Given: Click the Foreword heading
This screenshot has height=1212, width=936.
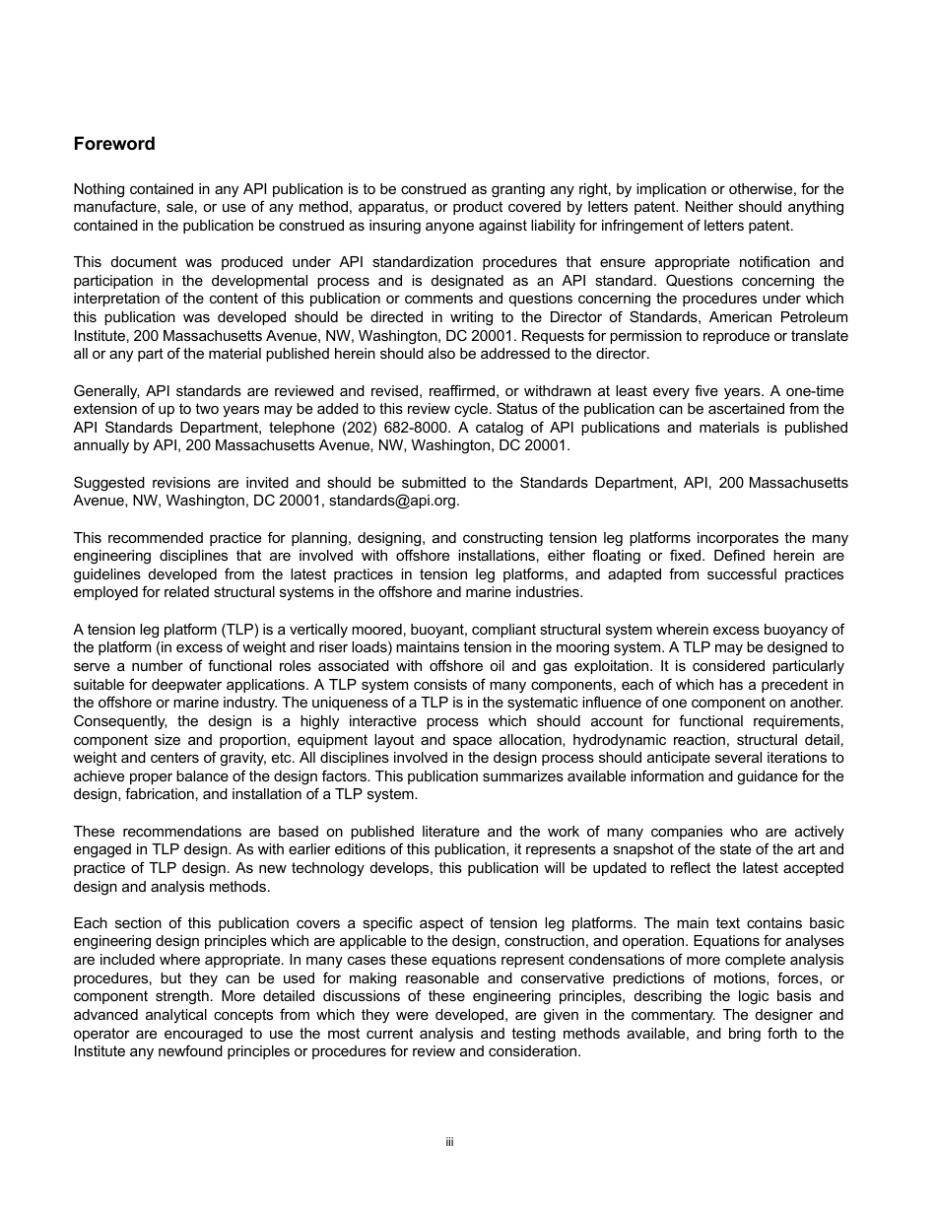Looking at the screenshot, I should click(114, 144).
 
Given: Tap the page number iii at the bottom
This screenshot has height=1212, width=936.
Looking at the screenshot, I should click(448, 1143).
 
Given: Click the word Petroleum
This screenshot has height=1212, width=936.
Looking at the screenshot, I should click(808, 317).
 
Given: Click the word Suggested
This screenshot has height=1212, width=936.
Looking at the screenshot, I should click(108, 482).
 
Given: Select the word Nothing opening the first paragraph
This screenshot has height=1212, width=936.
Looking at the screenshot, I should click(100, 188).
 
